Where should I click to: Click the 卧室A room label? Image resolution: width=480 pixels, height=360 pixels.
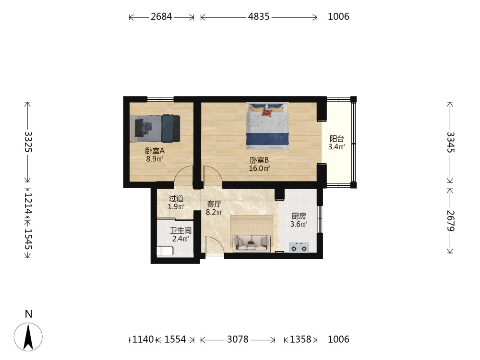(x=155, y=151)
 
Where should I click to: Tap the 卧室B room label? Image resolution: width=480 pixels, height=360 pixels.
(x=259, y=160)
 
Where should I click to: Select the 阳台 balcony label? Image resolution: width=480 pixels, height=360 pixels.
(x=337, y=139)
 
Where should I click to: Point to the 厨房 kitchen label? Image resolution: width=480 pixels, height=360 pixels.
(x=299, y=216)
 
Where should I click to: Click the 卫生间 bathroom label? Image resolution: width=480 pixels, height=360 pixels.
(x=180, y=230)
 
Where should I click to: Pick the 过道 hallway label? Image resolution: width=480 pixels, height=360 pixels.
(x=176, y=198)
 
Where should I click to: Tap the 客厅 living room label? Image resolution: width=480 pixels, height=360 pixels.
(x=214, y=204)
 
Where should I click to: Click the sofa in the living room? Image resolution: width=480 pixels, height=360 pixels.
(x=252, y=243)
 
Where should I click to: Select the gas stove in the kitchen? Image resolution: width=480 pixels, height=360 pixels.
(x=299, y=247)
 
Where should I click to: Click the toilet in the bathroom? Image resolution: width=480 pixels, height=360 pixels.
(x=165, y=251)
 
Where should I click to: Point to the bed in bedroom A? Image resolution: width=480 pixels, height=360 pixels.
(x=155, y=129)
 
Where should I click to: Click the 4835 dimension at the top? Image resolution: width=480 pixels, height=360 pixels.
(x=259, y=16)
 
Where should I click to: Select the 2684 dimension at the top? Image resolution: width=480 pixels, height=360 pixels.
(x=161, y=16)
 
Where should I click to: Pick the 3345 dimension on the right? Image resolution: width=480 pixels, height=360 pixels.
(x=450, y=142)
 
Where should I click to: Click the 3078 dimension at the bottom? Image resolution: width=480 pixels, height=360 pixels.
(x=238, y=339)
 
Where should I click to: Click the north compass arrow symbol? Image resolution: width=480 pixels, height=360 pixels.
(x=28, y=337)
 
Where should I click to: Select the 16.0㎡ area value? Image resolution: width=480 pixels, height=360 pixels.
(x=259, y=168)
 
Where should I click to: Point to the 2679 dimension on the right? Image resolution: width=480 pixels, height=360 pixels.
(x=450, y=220)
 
